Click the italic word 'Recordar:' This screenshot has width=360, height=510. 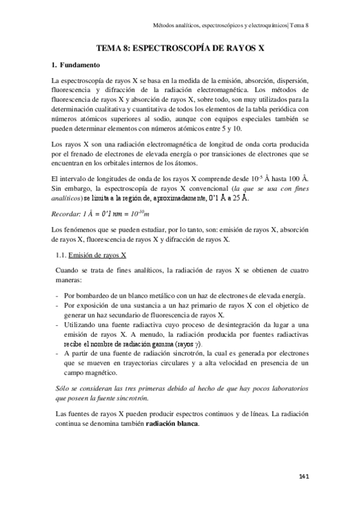[68, 214]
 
